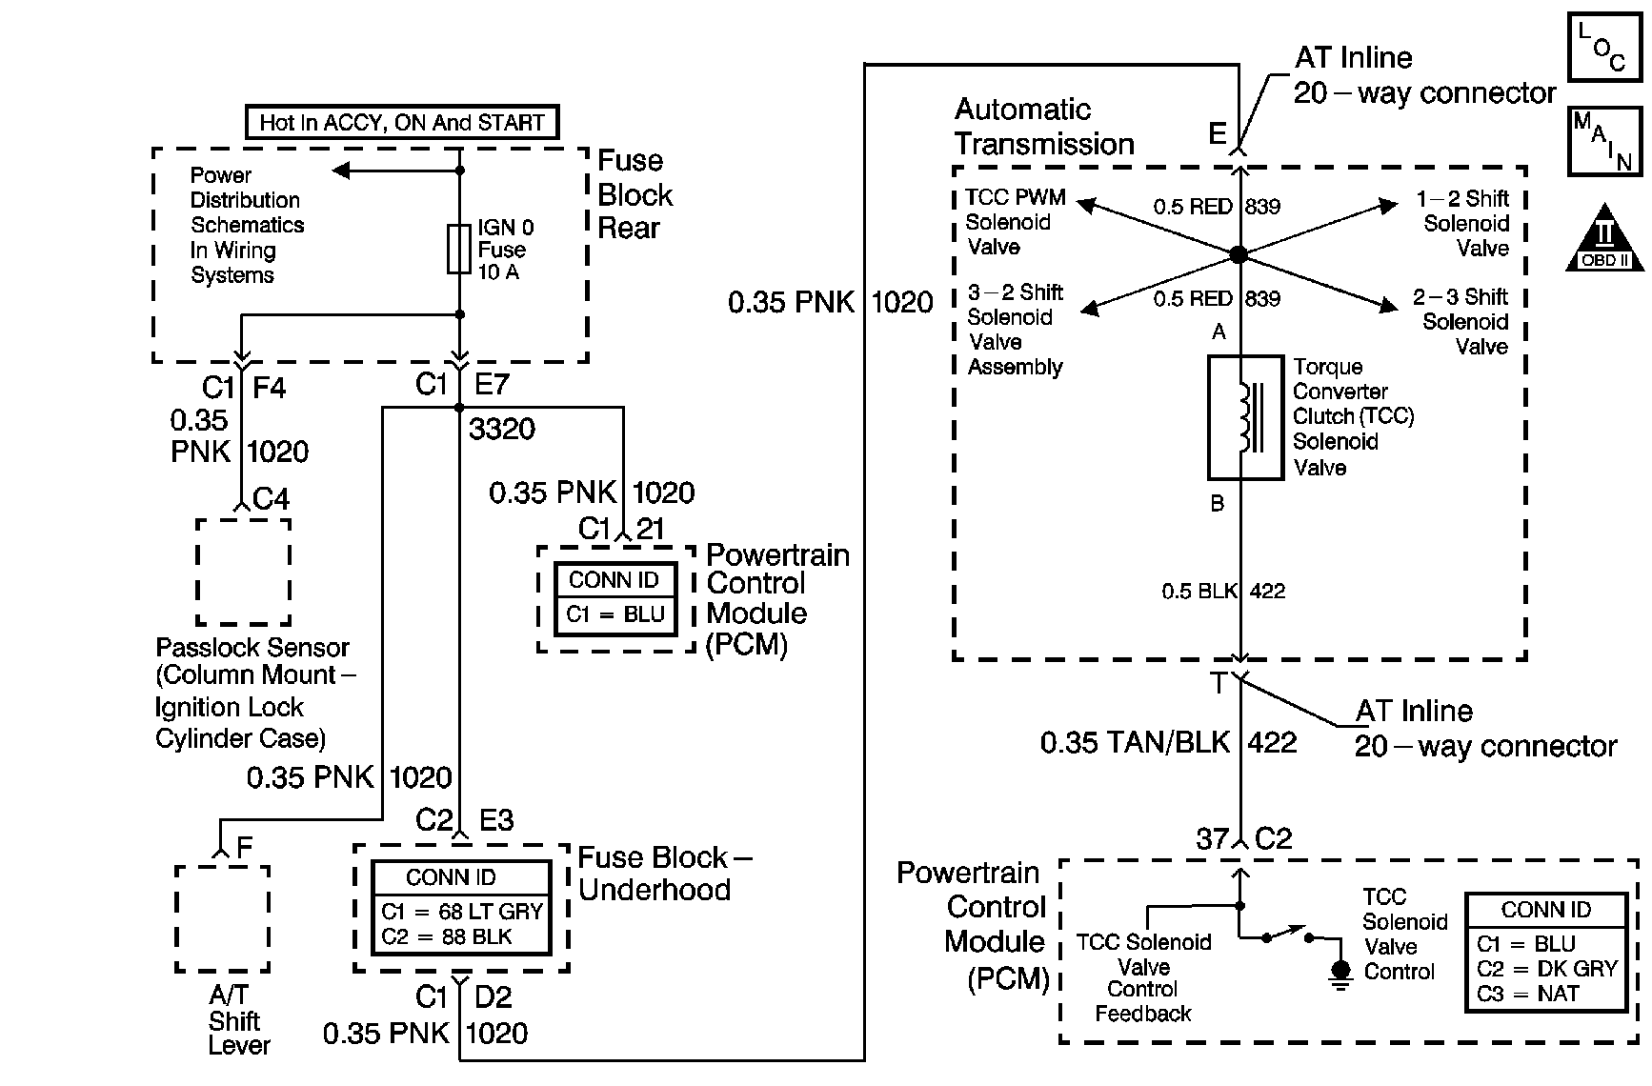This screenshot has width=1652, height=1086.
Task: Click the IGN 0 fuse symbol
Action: [459, 249]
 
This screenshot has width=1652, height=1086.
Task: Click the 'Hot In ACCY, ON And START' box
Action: [401, 123]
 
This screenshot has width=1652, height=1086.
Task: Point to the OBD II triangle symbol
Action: [1604, 238]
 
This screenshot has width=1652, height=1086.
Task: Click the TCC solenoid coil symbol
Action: [1242, 417]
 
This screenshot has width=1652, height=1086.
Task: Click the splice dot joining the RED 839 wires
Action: [1238, 254]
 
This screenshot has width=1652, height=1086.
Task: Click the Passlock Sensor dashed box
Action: [243, 571]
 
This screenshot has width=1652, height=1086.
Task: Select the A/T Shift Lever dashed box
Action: [223, 918]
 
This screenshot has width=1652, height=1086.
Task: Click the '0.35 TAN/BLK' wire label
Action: [1135, 742]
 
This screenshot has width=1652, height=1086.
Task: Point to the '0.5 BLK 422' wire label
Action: [1222, 592]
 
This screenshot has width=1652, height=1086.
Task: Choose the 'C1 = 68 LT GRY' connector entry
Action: [461, 912]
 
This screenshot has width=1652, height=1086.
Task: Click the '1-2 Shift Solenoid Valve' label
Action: [1463, 223]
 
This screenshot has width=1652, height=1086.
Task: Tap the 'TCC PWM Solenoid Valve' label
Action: [1014, 222]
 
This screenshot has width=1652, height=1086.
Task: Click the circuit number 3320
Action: [502, 429]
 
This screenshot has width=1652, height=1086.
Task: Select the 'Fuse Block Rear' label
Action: [634, 194]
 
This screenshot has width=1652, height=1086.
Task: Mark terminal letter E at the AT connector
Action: [1217, 134]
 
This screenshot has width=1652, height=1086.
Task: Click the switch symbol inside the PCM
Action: [1288, 934]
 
